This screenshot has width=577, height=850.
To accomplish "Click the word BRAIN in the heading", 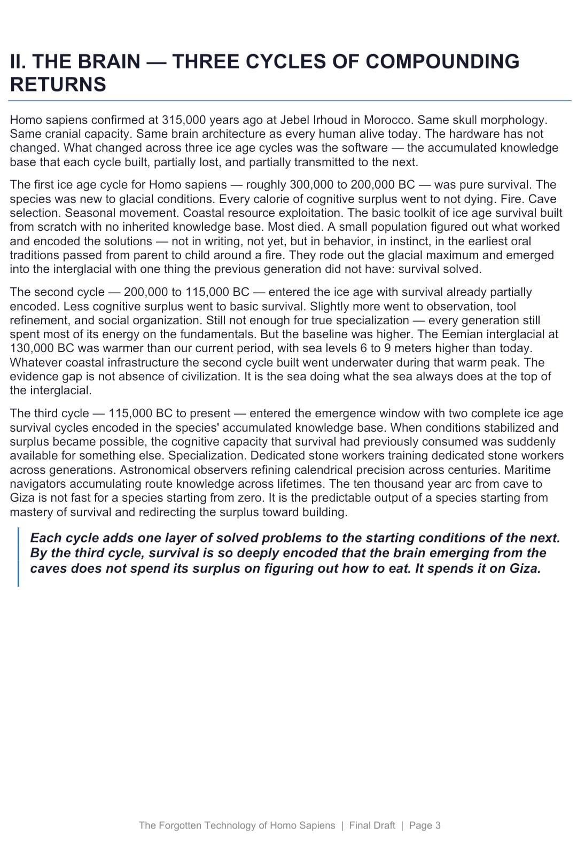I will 109,62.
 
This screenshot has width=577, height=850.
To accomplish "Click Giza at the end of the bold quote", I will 525,568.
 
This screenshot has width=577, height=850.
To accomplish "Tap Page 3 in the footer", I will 425,825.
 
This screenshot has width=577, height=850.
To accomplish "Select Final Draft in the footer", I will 372,825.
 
